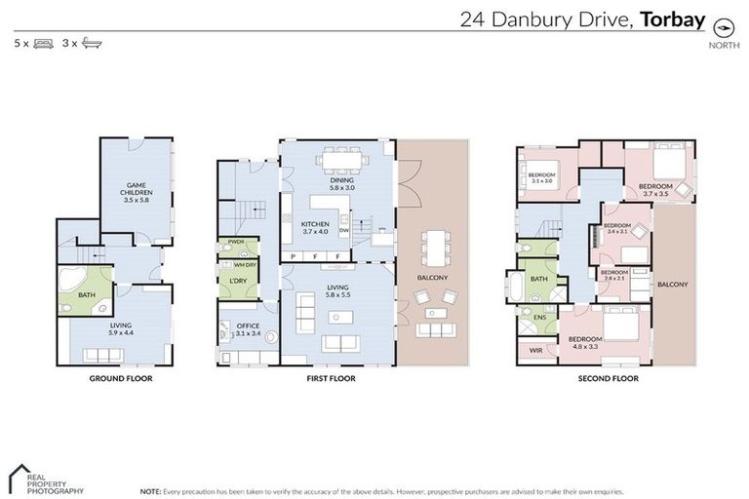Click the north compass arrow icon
(723, 26)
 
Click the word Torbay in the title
(672, 19)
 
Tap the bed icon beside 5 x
(42, 43)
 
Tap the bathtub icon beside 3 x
(92, 43)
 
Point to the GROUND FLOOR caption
(120, 377)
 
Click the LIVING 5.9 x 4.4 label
(122, 329)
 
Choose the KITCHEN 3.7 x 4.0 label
(314, 227)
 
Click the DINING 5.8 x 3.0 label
(341, 185)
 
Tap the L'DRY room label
(237, 281)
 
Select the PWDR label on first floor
(235, 242)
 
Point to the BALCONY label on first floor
(431, 278)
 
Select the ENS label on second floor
(539, 317)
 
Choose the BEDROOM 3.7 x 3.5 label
(655, 189)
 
